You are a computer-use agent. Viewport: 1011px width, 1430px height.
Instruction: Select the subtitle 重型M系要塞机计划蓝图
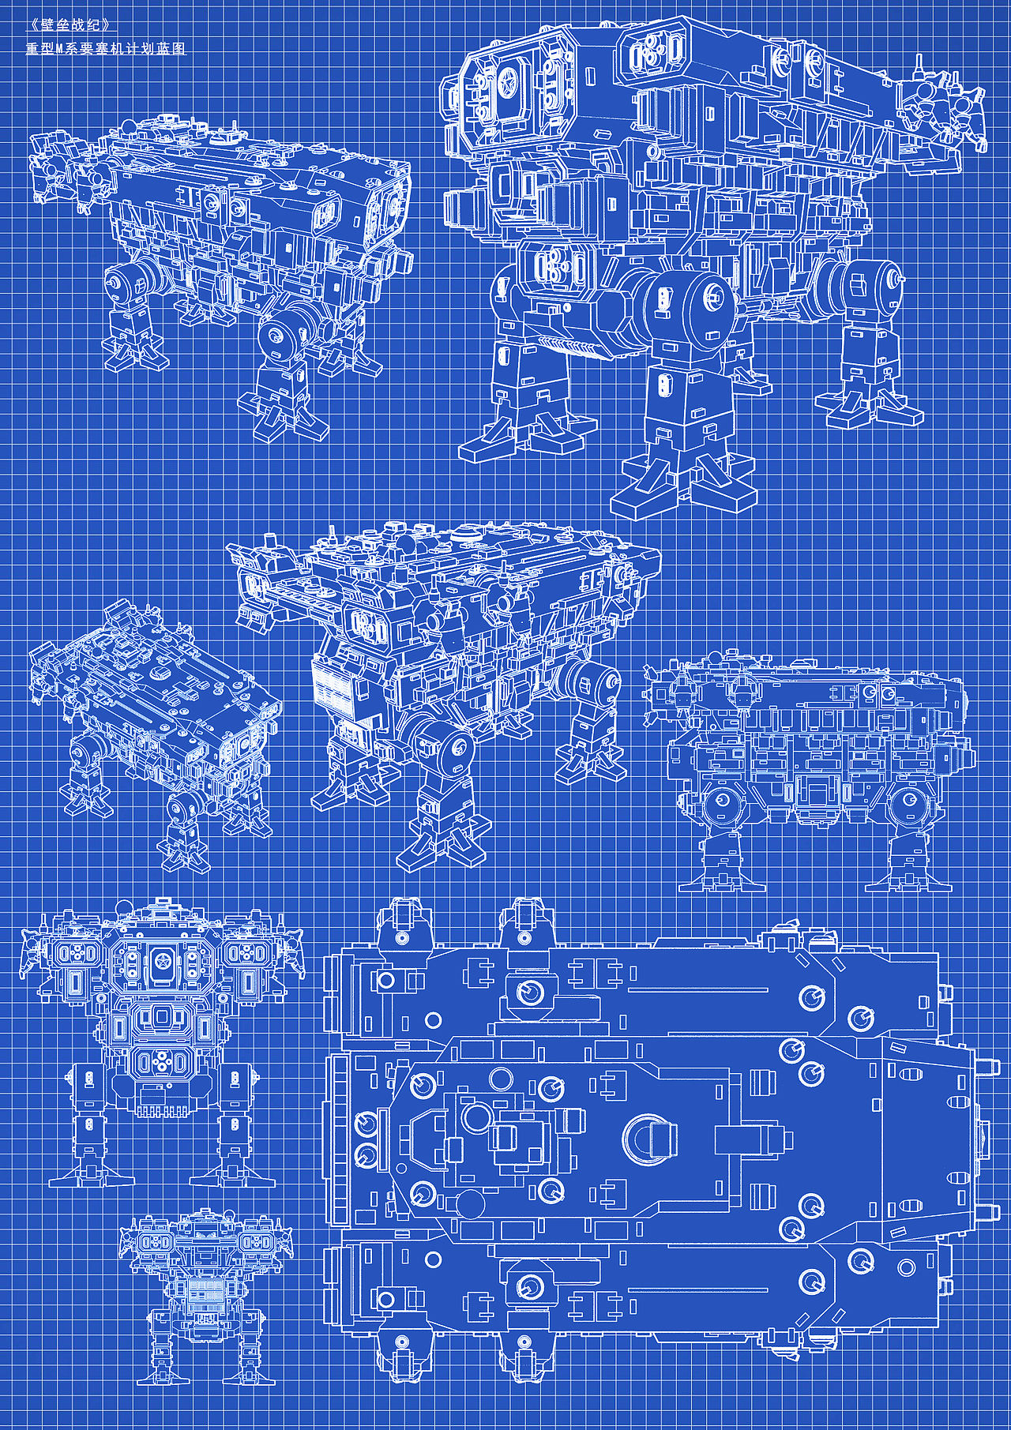107,48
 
